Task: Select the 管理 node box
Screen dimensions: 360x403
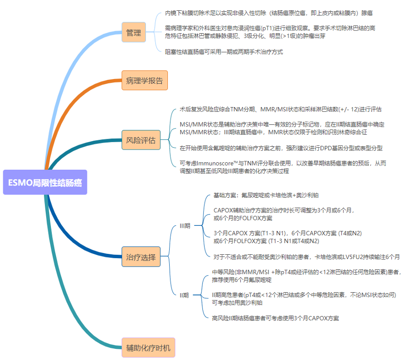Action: tap(133, 33)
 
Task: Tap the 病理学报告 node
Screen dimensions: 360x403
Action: tap(144, 80)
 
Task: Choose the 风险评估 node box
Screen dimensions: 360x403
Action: tap(141, 140)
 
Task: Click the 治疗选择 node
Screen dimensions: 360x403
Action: tap(141, 257)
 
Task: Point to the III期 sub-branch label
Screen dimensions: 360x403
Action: tap(185, 226)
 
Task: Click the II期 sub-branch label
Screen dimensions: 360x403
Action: tap(185, 295)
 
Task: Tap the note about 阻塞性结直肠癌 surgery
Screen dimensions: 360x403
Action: tap(224, 52)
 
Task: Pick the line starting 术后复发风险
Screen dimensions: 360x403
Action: tap(281, 109)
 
